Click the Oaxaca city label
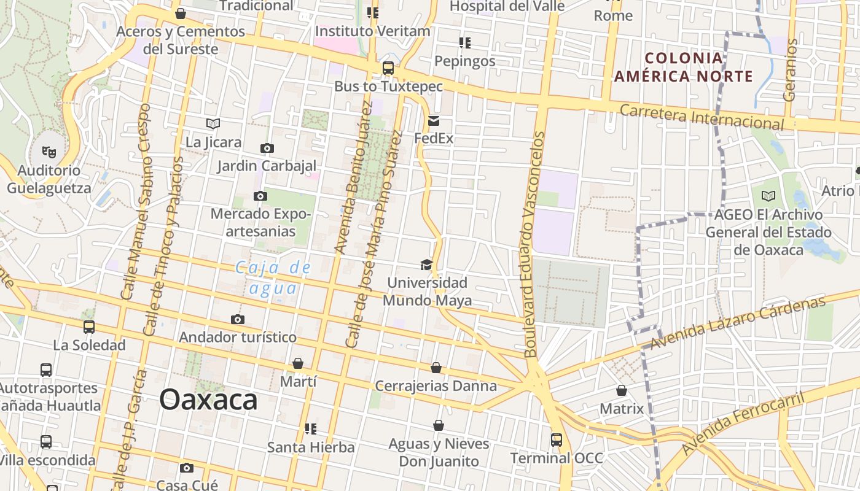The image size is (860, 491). pos(208,400)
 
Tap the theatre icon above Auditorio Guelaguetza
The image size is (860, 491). pos(49,151)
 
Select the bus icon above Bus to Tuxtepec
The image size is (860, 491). pos(388,68)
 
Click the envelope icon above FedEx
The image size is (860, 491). pos(434,120)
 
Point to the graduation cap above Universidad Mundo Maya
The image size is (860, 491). pos(426,265)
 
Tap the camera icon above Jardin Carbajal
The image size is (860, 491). pos(267,148)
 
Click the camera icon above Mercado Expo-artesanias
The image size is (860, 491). pos(260,196)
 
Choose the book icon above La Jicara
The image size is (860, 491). pos(213,124)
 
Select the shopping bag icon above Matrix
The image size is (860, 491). pos(622,390)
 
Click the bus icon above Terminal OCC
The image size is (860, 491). pos(557,439)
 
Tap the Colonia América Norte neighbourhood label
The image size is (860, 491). pos(684,68)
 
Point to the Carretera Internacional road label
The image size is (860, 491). pos(702,117)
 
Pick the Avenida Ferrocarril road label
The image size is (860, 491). pos(743,423)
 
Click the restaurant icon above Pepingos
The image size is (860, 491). pos(465,43)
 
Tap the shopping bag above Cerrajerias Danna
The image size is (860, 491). pos(436,368)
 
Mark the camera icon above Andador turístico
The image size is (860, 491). pos(238,319)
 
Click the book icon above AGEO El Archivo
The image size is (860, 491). pos(768,196)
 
